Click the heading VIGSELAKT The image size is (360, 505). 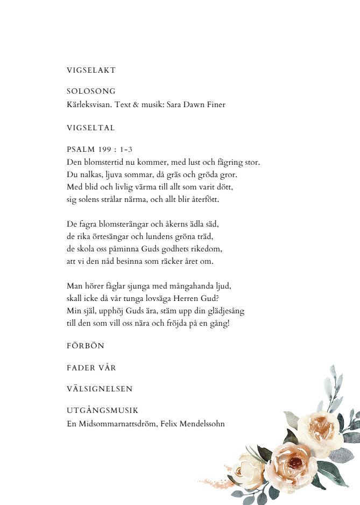[91, 71]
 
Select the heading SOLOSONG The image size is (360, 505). [91, 92]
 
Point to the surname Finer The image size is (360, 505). [215, 104]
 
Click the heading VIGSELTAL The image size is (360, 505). [90, 128]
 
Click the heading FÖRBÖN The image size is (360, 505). [85, 346]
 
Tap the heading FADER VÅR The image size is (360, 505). [91, 368]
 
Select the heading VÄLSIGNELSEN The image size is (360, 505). [100, 389]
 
